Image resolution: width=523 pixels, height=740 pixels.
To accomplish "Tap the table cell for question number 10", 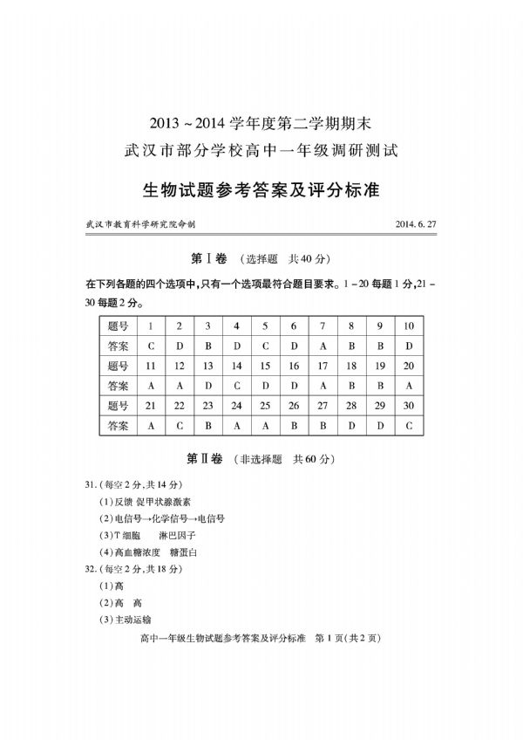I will [409, 325].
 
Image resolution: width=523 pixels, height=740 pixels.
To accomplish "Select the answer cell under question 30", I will [409, 426].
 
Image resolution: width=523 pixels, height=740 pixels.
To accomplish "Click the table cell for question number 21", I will [151, 406].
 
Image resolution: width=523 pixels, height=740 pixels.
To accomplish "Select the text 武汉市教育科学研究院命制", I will [140, 224].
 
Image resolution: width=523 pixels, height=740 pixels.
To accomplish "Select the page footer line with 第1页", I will [261, 638].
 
